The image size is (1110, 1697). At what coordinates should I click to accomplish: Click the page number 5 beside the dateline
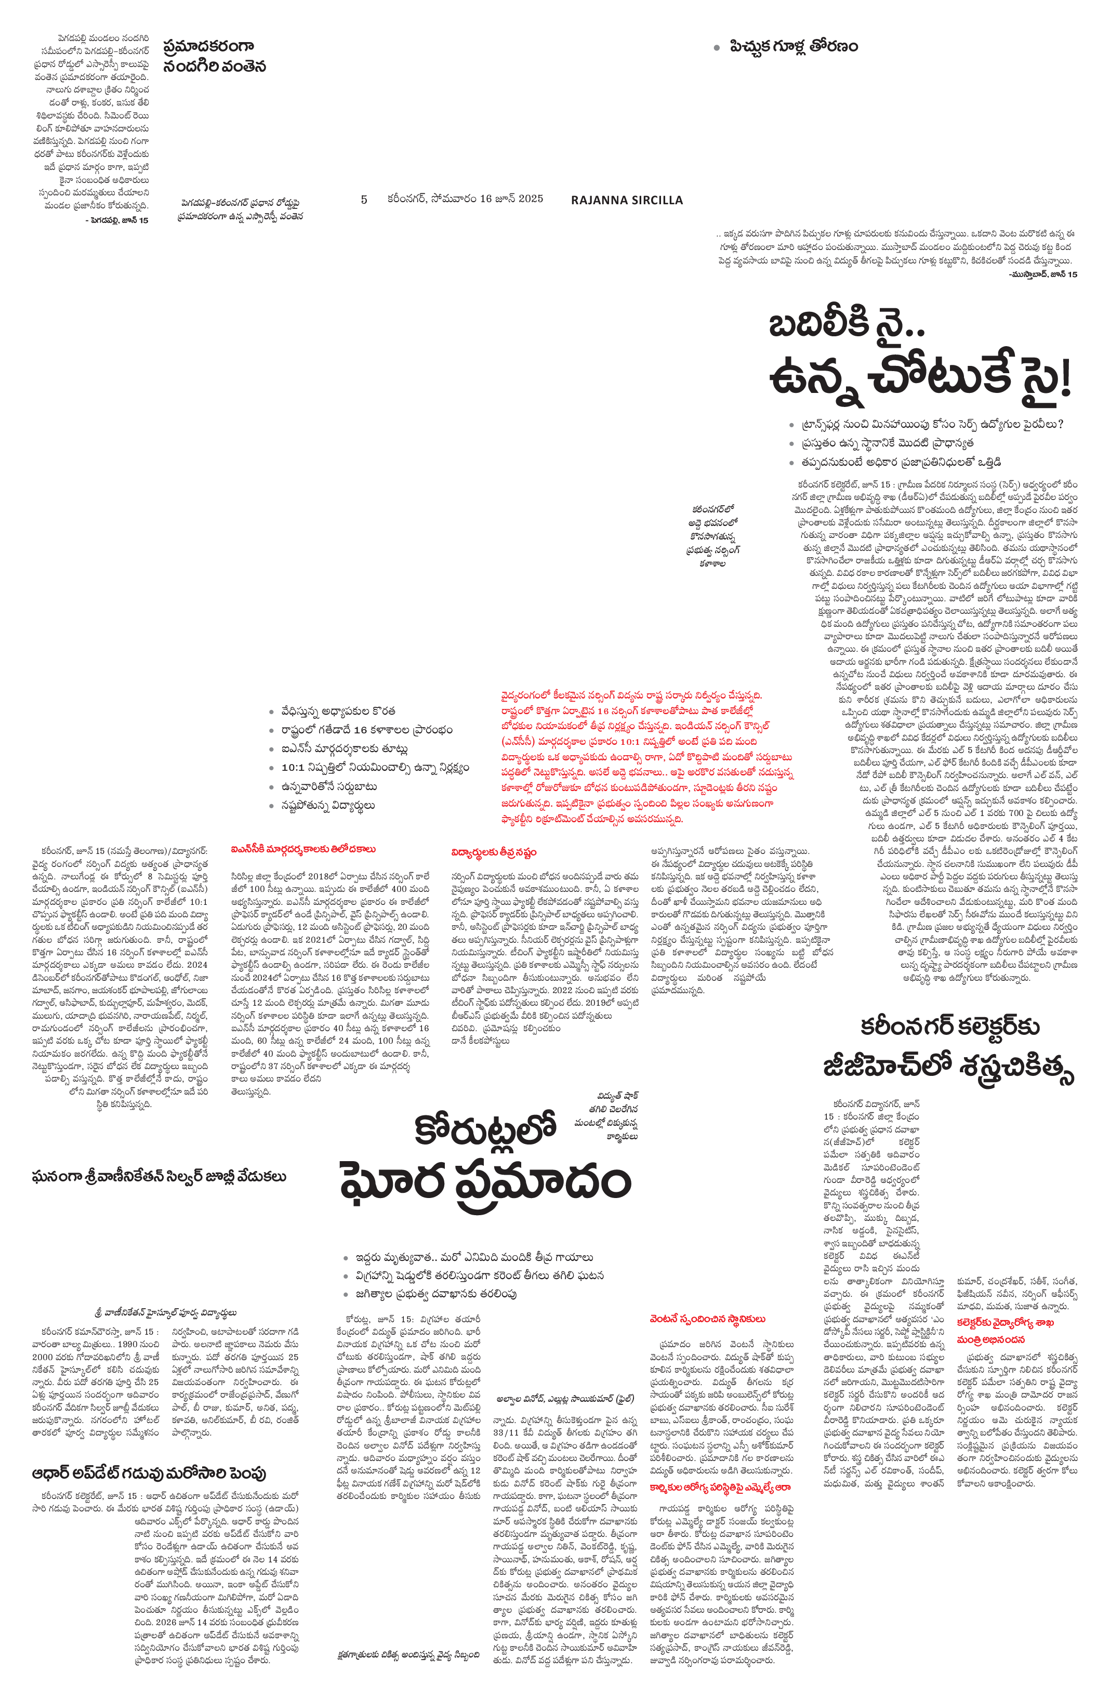(364, 200)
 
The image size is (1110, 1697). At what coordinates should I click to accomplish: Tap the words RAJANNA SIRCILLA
(627, 200)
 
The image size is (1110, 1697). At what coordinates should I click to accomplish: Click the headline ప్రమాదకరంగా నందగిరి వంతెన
(214, 56)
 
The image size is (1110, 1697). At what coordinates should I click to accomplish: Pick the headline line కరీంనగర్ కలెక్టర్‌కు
(949, 1026)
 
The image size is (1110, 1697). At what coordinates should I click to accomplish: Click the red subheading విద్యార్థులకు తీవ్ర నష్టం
(493, 852)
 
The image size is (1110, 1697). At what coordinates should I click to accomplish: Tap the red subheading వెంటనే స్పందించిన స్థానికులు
(707, 1319)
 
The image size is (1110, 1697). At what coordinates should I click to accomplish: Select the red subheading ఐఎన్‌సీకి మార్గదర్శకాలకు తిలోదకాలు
(303, 849)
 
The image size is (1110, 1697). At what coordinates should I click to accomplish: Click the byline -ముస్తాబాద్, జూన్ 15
(1043, 274)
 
